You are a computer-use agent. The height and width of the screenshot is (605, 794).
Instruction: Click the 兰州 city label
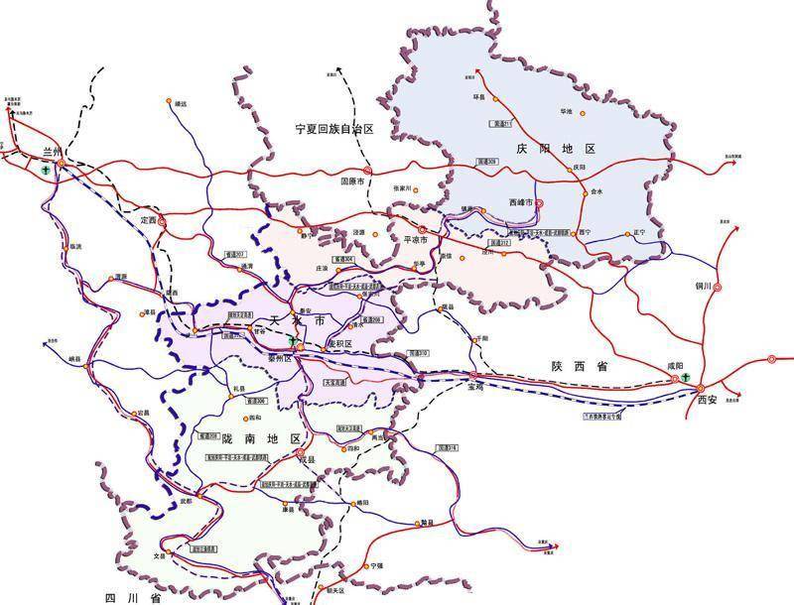point(52,153)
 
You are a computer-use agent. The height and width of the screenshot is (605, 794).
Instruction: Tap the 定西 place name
point(149,219)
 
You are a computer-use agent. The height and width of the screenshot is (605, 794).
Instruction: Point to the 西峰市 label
point(520,202)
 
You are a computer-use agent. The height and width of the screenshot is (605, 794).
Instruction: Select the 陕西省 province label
point(580,367)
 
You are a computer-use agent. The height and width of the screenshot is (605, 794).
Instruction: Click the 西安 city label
point(706,400)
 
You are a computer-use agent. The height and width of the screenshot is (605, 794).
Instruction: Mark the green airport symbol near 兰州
point(46,171)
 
